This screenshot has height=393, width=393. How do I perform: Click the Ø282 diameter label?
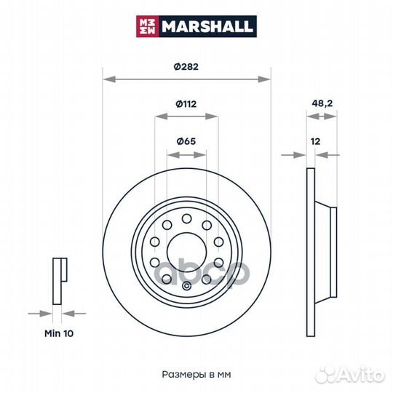(186, 67)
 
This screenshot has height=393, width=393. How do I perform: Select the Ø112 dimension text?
(186, 104)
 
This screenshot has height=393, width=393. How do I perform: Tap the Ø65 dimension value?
(186, 141)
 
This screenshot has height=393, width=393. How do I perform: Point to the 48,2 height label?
(322, 103)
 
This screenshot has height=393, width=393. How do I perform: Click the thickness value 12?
(315, 142)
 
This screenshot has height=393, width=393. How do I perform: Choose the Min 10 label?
(59, 333)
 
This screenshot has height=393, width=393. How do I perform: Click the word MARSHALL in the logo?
(207, 26)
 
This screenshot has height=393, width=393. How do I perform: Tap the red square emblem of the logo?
(147, 26)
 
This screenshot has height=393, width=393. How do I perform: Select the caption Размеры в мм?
(196, 375)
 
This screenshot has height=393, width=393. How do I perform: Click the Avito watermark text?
(360, 376)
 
